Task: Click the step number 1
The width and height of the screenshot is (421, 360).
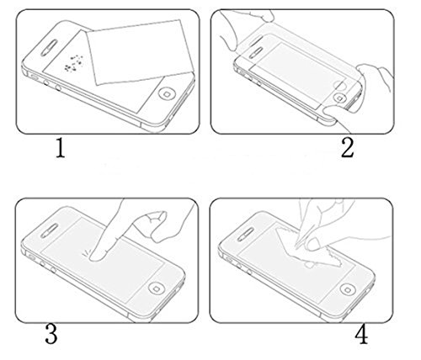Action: (61, 149)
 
